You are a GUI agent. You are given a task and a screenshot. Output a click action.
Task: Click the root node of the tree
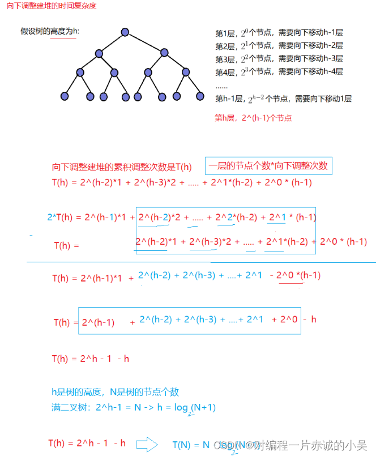point(125,32)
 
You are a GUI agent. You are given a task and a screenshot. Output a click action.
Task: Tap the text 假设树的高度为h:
point(50,31)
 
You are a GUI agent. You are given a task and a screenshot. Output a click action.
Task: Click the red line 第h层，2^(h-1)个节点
point(253,118)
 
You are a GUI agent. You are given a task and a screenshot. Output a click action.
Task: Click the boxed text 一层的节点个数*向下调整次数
point(268,167)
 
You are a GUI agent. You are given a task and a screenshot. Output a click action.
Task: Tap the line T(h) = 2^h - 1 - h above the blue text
point(90,359)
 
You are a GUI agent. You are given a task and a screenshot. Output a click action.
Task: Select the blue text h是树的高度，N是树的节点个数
point(115,392)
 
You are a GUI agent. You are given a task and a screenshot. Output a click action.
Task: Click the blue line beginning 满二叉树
point(133,408)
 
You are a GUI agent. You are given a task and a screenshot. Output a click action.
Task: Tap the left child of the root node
point(99,53)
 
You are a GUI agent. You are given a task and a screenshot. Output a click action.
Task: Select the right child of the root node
point(164,53)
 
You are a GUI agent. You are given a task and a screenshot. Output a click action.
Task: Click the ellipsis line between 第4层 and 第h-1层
point(221,86)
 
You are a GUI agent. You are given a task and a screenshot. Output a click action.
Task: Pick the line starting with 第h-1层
point(283,99)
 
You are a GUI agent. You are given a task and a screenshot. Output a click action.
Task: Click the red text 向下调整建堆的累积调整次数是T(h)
point(122,168)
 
